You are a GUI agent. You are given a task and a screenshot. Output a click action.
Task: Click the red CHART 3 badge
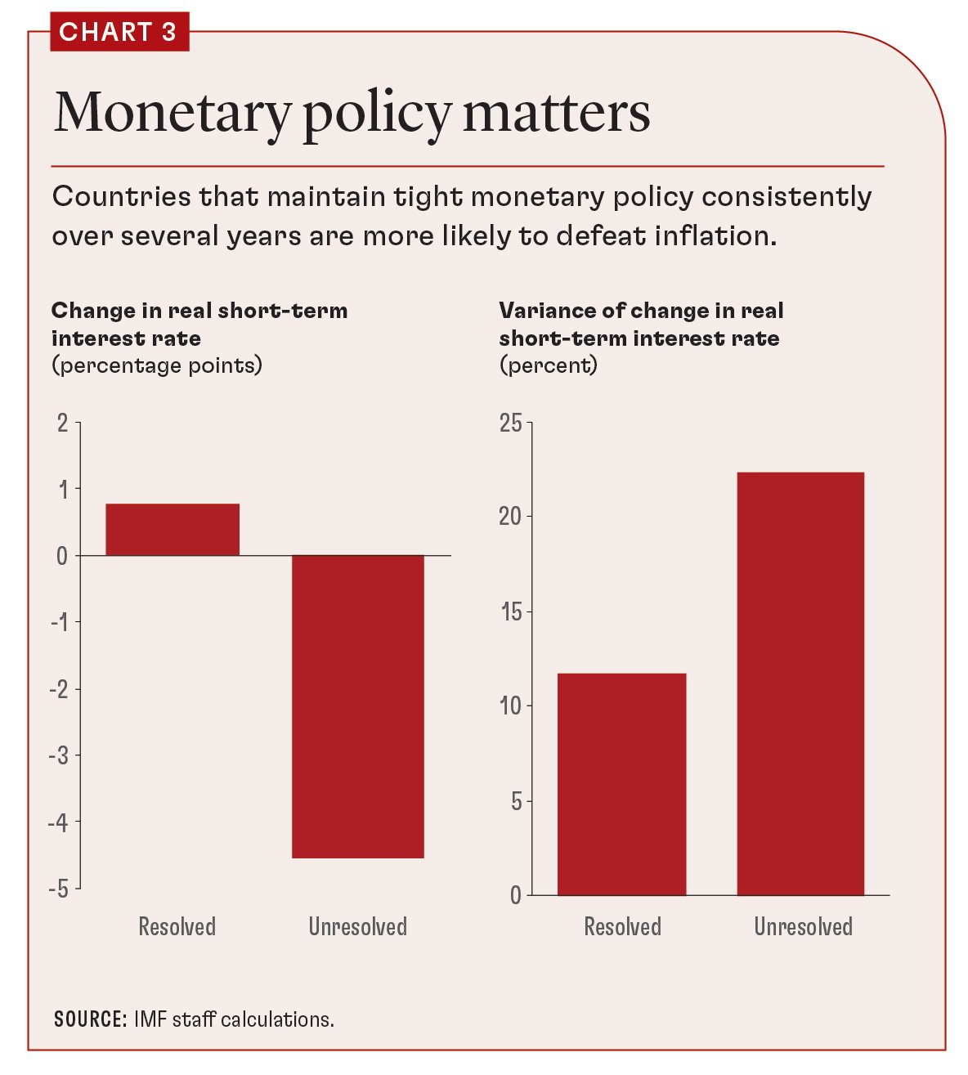[x=119, y=32]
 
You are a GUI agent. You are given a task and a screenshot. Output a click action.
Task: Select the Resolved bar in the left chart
[x=173, y=530]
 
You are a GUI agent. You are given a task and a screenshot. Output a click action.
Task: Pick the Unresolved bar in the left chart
[x=358, y=706]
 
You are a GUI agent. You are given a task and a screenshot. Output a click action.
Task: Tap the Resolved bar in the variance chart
[x=621, y=784]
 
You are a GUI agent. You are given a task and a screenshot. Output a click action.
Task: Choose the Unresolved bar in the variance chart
[x=800, y=683]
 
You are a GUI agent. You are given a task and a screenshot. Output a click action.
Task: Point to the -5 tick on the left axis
[x=59, y=889]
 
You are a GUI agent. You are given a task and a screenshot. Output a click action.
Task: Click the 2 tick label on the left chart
[x=63, y=423]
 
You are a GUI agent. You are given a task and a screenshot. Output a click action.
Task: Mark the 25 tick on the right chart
[x=510, y=423]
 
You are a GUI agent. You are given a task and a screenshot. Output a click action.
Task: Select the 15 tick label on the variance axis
[x=510, y=612]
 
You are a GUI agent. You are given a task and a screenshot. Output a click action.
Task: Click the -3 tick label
[x=59, y=755]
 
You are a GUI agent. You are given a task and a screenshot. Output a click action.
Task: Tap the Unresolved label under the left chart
[x=357, y=927]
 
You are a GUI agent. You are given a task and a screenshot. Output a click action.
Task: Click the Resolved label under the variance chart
[x=622, y=927]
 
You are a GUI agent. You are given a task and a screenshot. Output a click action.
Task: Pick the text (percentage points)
[x=157, y=365]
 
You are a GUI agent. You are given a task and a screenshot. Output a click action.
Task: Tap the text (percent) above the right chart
[x=548, y=365]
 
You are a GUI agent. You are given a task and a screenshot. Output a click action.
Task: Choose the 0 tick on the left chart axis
[x=63, y=556]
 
